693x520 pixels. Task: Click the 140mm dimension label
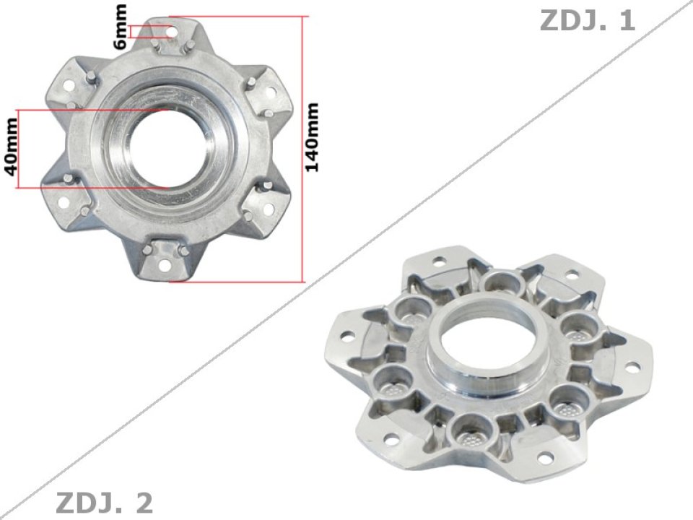pos(313,137)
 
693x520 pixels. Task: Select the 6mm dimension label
pos(121,26)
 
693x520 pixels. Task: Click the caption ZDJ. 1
pos(587,21)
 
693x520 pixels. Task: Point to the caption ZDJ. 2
pos(104,502)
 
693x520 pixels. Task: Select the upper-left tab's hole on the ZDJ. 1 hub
pos(68,85)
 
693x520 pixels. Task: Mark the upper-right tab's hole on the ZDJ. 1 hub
pos(271,92)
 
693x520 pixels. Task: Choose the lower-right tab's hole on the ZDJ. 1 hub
pos(268,211)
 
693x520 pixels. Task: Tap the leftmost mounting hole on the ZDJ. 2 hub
pos(346,337)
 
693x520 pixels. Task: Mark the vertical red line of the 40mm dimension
pos(20,149)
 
